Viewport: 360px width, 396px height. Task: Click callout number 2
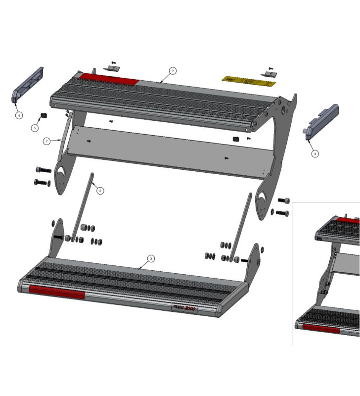coord(172,71)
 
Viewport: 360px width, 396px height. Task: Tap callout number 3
coord(151,258)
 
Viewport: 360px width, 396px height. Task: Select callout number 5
coord(35,128)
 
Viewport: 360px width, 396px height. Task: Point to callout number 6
coord(100,190)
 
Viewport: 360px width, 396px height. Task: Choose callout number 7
coord(46,141)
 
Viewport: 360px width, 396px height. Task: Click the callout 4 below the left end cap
coord(19,115)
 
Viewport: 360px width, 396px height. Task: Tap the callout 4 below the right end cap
coord(315,153)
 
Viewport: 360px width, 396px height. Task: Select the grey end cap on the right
coord(321,121)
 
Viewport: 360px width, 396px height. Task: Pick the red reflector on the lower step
coord(57,293)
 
